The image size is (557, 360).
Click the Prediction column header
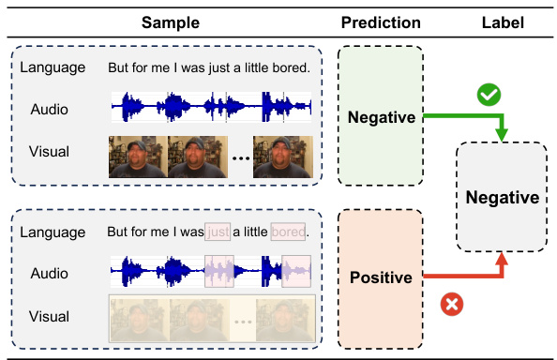(381, 22)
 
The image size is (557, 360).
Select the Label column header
(502, 22)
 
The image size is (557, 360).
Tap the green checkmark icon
(488, 95)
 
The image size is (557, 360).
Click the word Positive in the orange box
(381, 277)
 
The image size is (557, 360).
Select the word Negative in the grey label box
(503, 198)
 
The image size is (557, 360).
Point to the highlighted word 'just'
(217, 231)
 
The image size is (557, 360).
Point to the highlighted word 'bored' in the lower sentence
(289, 231)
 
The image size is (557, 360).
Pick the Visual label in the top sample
(50, 152)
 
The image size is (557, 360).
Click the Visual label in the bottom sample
(50, 316)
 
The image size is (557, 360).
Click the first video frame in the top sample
(138, 157)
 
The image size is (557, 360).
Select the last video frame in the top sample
(282, 157)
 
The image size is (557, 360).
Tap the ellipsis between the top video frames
(240, 159)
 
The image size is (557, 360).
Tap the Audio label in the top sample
(50, 109)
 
